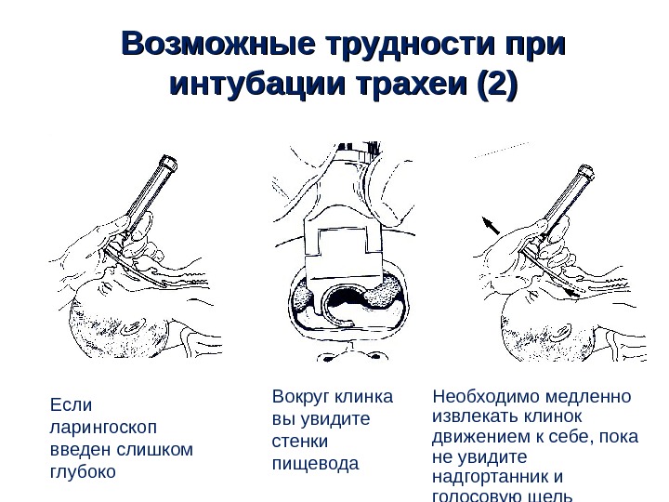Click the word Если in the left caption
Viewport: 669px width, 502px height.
point(66,405)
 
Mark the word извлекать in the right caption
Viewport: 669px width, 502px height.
point(473,417)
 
